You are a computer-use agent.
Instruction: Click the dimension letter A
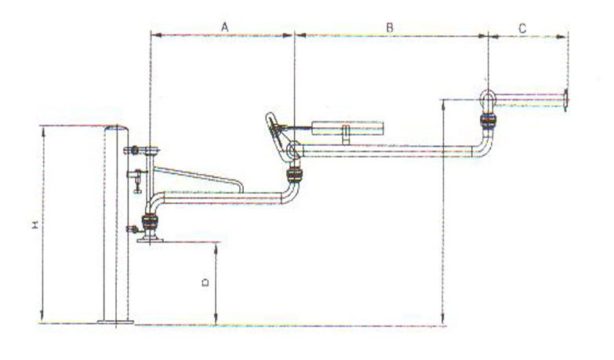[224, 27]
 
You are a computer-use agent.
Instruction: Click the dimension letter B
[390, 27]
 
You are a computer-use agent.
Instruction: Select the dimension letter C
[522, 28]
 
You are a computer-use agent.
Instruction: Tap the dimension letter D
[205, 282]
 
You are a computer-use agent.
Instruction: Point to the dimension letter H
[35, 224]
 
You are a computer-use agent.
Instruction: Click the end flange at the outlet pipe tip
[566, 100]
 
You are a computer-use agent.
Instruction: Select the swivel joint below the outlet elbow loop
[489, 121]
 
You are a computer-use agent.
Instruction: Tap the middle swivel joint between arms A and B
[295, 175]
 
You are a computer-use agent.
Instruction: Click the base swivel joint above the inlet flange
[150, 222]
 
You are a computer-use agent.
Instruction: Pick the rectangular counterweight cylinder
[347, 129]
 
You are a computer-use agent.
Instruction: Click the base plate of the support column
[115, 322]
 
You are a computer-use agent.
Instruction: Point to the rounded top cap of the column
[116, 128]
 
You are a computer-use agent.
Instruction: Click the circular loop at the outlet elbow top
[488, 97]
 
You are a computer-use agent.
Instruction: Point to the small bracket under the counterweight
[345, 135]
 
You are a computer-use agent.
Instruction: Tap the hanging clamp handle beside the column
[136, 181]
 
